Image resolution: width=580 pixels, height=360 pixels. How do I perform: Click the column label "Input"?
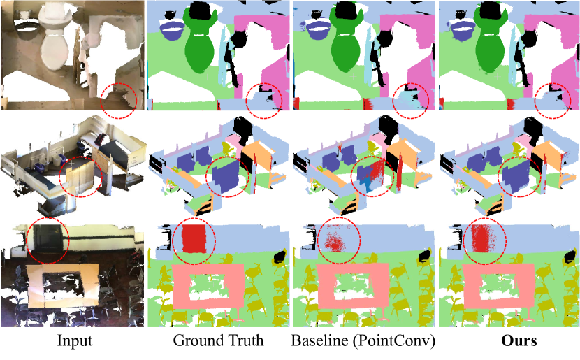(x=74, y=340)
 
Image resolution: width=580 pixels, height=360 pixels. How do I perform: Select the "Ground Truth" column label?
(x=218, y=340)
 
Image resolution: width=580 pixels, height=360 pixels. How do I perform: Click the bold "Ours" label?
(x=519, y=340)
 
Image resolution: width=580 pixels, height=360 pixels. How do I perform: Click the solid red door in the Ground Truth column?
(x=194, y=238)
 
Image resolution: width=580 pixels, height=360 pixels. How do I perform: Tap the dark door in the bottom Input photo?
(x=48, y=238)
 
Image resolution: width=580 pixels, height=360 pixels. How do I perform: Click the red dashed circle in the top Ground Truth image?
(x=247, y=100)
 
